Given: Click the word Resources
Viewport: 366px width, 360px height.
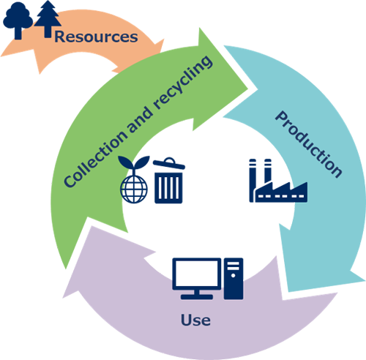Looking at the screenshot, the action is [x=96, y=37].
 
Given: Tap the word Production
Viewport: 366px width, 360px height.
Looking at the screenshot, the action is [x=309, y=144].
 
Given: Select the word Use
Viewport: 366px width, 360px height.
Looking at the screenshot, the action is [x=195, y=320].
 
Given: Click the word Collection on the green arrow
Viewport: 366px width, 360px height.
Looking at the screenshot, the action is [x=95, y=160].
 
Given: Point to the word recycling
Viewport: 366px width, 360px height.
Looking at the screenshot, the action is [x=183, y=82].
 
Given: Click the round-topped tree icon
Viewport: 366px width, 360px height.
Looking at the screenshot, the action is [x=18, y=20].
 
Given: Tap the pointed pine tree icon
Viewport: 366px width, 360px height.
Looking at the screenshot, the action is [x=48, y=19].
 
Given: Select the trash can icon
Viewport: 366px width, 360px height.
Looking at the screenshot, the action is [x=169, y=181].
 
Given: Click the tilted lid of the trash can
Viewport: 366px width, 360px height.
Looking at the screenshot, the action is [x=169, y=163].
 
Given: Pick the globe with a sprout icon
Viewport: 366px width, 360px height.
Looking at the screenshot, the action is [x=134, y=179].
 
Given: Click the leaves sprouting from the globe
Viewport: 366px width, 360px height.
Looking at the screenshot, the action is [x=134, y=162].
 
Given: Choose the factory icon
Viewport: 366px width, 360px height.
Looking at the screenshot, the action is [x=278, y=181].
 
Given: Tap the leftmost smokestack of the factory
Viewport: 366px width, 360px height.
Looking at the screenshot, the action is [x=253, y=181].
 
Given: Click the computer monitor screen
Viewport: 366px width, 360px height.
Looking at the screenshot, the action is [x=197, y=274].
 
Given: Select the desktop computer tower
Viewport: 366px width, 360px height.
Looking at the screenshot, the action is [x=234, y=279].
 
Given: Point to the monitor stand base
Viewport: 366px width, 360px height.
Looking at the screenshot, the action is [x=197, y=297].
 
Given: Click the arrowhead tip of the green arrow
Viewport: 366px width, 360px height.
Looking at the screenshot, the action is [x=248, y=89].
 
